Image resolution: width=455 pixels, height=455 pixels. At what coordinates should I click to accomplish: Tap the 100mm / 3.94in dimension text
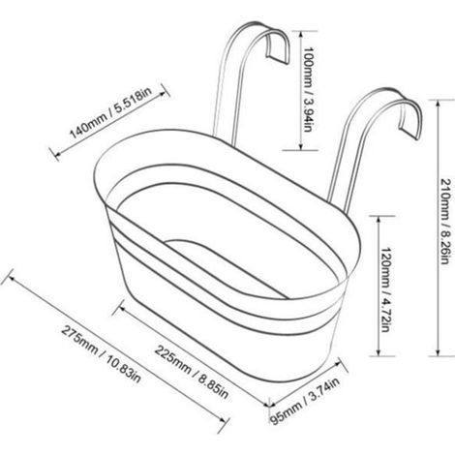click(x=308, y=89)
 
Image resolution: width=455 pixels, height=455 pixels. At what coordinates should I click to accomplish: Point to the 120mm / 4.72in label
click(x=385, y=289)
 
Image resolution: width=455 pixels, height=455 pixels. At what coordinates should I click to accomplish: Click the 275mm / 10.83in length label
click(x=101, y=354)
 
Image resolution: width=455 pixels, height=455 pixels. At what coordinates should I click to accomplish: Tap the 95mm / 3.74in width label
click(x=305, y=401)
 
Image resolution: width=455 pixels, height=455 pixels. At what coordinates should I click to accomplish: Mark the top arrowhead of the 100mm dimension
click(x=301, y=33)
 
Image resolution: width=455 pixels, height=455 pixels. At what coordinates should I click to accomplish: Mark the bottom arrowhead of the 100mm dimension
click(x=301, y=148)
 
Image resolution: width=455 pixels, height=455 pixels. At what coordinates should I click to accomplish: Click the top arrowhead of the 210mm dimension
click(x=438, y=103)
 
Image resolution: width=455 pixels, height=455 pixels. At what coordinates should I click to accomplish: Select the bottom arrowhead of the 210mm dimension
click(x=438, y=354)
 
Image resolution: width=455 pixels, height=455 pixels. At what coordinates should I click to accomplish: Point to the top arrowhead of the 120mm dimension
click(x=379, y=219)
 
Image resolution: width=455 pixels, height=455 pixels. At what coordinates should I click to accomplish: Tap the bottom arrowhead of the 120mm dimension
click(x=379, y=354)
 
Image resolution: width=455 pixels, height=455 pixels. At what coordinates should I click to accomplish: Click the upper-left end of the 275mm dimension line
click(x=9, y=277)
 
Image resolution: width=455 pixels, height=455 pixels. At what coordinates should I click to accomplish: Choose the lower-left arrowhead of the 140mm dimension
click(x=55, y=155)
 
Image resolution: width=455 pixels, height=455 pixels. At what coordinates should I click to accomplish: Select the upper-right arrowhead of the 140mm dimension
click(x=165, y=92)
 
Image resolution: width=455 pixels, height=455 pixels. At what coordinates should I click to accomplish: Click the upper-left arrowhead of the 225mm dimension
click(x=120, y=307)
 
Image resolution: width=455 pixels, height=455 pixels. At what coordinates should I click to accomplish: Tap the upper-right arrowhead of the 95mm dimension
click(x=340, y=363)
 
